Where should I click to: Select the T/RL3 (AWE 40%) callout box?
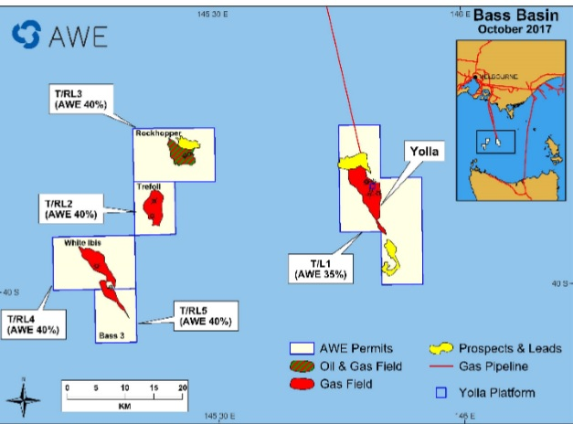80,99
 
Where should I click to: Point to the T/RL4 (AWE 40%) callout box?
34,324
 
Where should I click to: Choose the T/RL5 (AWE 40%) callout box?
206,314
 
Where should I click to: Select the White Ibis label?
80,243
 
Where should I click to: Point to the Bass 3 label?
111,336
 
